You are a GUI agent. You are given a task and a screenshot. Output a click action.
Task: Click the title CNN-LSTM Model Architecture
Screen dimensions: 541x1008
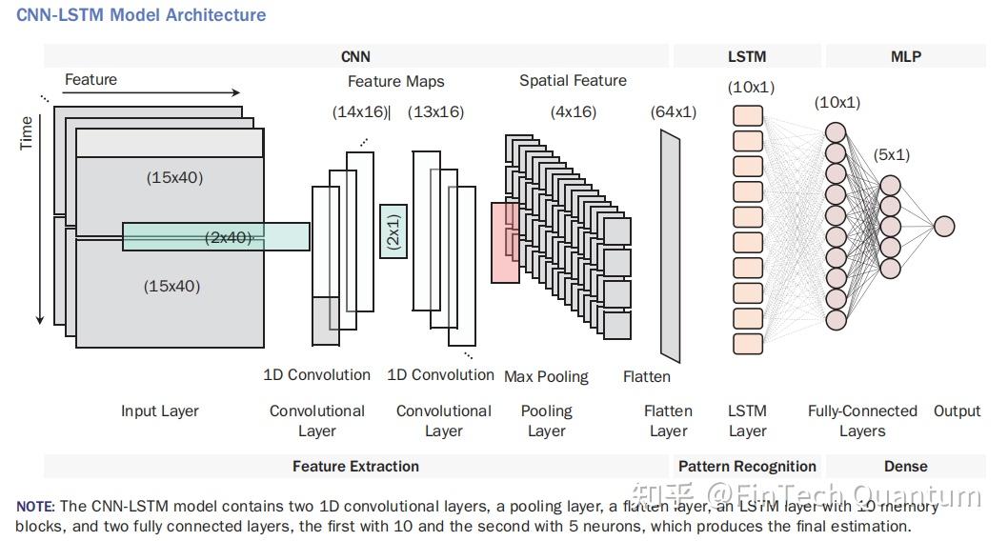141,15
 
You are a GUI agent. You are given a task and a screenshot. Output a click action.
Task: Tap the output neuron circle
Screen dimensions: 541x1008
944,226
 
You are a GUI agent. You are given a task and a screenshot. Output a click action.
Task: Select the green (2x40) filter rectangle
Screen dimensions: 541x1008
216,236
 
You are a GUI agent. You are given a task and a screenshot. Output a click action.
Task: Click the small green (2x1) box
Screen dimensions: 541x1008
393,230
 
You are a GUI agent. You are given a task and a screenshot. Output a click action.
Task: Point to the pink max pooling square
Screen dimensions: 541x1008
505,243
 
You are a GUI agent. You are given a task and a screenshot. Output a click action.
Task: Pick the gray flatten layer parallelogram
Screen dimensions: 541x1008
671,244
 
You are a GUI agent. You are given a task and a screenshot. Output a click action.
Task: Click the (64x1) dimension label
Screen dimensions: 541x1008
674,111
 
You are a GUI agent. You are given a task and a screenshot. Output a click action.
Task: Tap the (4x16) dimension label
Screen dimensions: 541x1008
574,111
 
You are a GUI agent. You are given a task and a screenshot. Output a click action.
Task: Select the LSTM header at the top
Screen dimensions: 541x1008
747,56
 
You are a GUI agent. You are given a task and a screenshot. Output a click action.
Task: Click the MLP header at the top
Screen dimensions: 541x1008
905,56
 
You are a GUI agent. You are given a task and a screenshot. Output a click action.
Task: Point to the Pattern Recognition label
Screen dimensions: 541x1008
747,466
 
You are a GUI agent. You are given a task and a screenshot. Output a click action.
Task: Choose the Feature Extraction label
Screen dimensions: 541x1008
355,466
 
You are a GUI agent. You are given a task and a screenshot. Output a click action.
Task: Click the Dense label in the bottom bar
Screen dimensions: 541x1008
905,466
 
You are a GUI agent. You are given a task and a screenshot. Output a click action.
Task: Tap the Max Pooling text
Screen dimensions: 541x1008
546,376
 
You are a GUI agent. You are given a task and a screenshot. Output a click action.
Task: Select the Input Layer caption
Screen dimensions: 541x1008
160,411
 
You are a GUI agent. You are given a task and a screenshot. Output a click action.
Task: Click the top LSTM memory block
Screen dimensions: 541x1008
748,116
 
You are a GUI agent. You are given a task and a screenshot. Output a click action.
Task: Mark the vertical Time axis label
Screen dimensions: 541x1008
27,132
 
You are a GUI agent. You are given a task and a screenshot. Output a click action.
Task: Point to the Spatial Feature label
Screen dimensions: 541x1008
573,80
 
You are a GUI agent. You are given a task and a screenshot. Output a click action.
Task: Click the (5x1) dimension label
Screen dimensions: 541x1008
892,154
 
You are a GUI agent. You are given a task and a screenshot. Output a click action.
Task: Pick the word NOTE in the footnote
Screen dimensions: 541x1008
35,507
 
